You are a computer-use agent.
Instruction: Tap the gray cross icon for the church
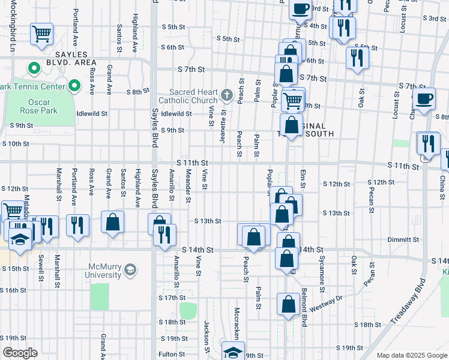(227, 95)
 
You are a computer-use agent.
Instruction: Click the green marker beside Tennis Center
(74, 87)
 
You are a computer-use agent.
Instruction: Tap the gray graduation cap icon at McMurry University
(130, 271)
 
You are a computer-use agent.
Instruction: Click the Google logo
(20, 353)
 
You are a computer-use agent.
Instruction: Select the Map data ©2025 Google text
(411, 355)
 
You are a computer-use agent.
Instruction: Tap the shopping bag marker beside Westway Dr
(289, 304)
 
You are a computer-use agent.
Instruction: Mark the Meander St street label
(188, 185)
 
